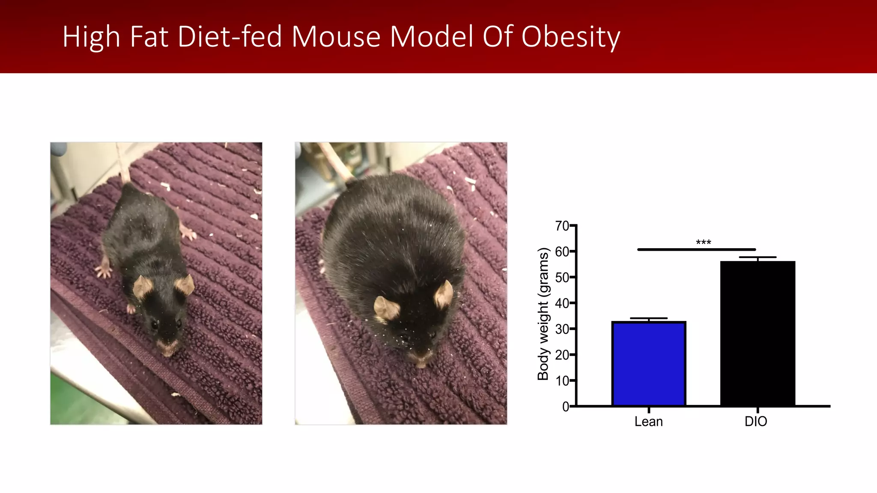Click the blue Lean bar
coord(649,364)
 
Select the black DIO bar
coord(758,334)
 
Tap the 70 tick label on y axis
coord(562,226)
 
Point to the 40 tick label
coord(562,303)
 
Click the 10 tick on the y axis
coord(562,381)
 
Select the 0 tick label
coord(565,407)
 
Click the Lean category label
coord(648,422)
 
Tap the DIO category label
coord(756,422)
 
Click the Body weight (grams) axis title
coord(543,314)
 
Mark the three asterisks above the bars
coord(703,243)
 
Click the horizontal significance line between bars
coord(696,249)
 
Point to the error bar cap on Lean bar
coord(649,318)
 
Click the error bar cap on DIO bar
coord(758,257)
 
